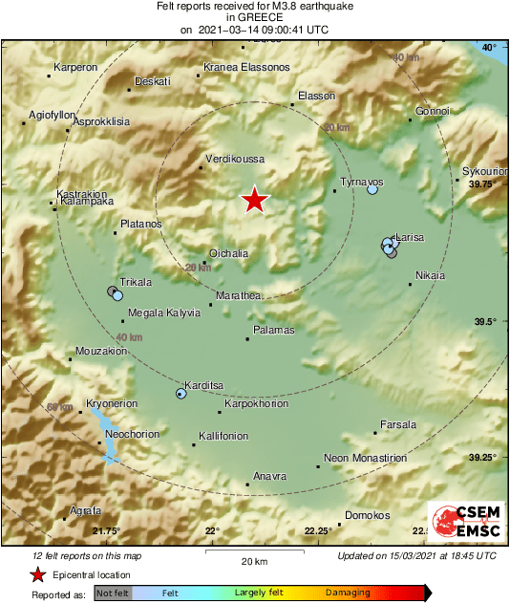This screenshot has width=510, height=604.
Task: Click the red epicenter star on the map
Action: click(x=254, y=200)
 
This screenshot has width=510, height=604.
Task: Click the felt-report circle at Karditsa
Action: click(x=181, y=393)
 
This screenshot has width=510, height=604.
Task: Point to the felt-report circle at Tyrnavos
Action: click(x=372, y=190)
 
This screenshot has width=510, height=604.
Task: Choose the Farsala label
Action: click(x=398, y=423)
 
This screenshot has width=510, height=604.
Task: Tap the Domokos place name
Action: click(x=367, y=515)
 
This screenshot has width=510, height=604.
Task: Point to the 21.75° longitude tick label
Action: click(x=106, y=531)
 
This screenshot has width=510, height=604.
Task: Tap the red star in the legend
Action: click(x=37, y=574)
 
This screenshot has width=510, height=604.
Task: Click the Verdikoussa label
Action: click(x=235, y=160)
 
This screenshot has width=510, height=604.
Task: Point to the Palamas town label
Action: click(x=273, y=330)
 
